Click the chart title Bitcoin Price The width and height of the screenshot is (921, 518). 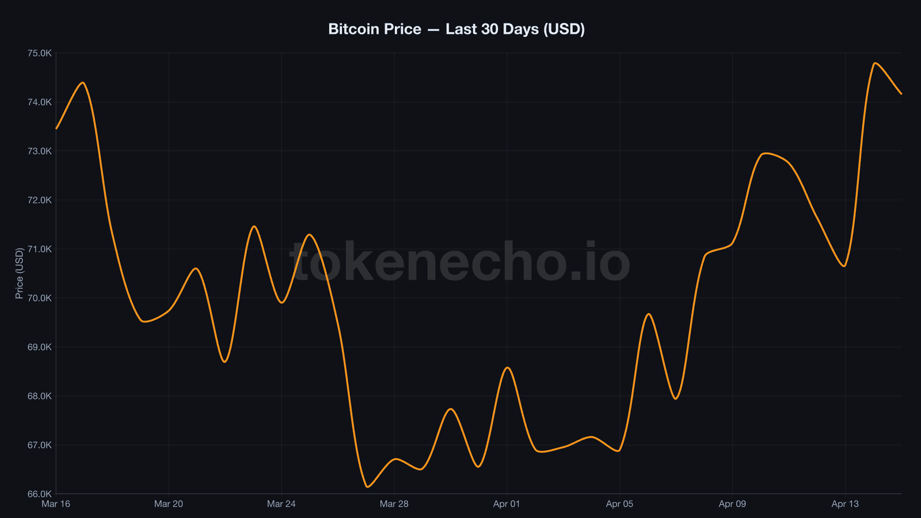click(456, 29)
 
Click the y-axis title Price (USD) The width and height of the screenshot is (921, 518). click(20, 273)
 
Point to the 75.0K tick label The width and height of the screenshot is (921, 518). click(40, 54)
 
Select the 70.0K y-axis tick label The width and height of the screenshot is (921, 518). click(40, 298)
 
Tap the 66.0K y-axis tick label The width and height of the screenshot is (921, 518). click(40, 494)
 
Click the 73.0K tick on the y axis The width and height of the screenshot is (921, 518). click(40, 151)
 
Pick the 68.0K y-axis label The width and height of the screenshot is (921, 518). click(40, 396)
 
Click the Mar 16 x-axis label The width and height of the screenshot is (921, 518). click(56, 504)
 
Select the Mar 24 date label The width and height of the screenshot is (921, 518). click(281, 504)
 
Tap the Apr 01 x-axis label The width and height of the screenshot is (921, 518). click(507, 504)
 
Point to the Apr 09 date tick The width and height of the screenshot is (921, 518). click(732, 504)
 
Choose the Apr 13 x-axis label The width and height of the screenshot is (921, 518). click(845, 504)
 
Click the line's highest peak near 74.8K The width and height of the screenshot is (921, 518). click(875, 63)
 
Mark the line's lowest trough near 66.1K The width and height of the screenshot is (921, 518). click(367, 487)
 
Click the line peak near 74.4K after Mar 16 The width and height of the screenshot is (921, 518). click(83, 83)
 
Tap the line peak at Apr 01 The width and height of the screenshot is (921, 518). click(507, 368)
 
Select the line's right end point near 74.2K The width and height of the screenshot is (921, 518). click(901, 94)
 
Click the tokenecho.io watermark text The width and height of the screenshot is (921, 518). click(459, 262)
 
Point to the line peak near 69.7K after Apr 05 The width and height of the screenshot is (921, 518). click(649, 314)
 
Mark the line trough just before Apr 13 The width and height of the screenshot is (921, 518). click(844, 266)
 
